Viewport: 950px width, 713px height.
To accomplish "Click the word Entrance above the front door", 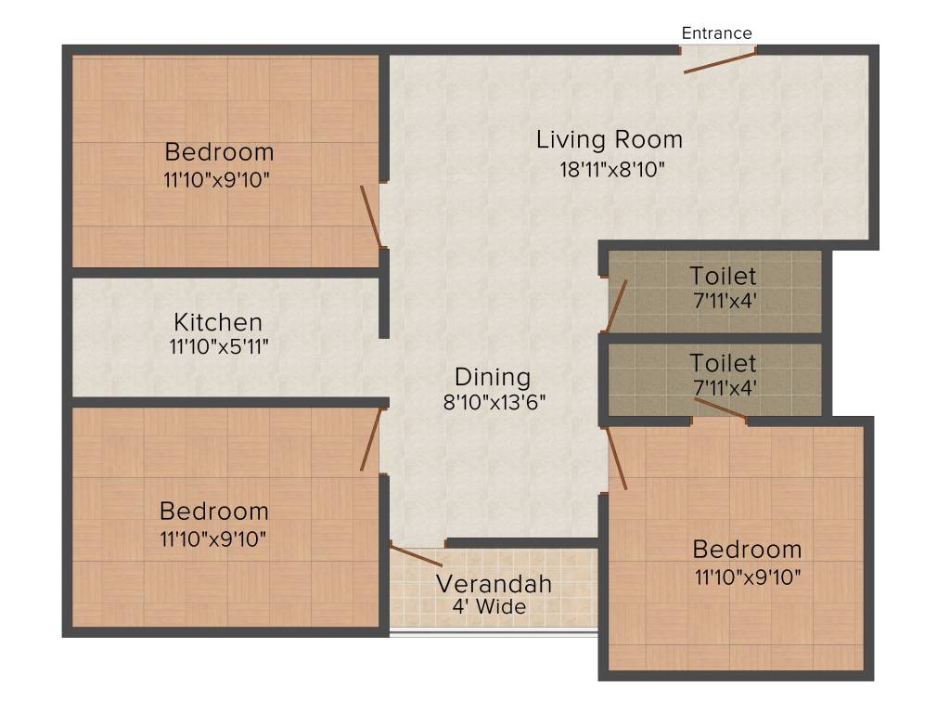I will tap(716, 33).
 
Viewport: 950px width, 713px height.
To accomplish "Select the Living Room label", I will tap(609, 140).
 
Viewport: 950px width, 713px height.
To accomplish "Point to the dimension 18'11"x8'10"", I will tap(609, 169).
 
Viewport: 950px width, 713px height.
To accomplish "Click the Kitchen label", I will tap(218, 323).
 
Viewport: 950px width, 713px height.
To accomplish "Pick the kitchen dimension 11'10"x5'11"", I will tap(218, 347).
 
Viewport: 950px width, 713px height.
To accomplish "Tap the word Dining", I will tap(493, 378).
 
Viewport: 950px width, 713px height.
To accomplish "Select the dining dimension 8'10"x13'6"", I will tap(493, 402).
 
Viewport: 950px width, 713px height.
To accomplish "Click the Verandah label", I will tap(494, 584).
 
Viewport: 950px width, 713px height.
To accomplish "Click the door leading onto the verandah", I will tap(417, 556).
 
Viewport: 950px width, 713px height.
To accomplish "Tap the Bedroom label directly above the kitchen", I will tap(219, 151).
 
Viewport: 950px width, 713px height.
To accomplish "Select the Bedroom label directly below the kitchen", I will tap(213, 511).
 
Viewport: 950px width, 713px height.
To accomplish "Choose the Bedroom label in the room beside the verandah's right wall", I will tap(747, 549).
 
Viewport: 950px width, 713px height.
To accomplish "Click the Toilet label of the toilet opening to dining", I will tap(723, 276).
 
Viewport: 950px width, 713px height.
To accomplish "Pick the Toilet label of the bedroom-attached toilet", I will tap(723, 363).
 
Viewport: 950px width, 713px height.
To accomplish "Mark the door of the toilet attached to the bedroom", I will tap(720, 409).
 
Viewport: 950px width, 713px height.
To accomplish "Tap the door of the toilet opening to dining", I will tap(616, 305).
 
